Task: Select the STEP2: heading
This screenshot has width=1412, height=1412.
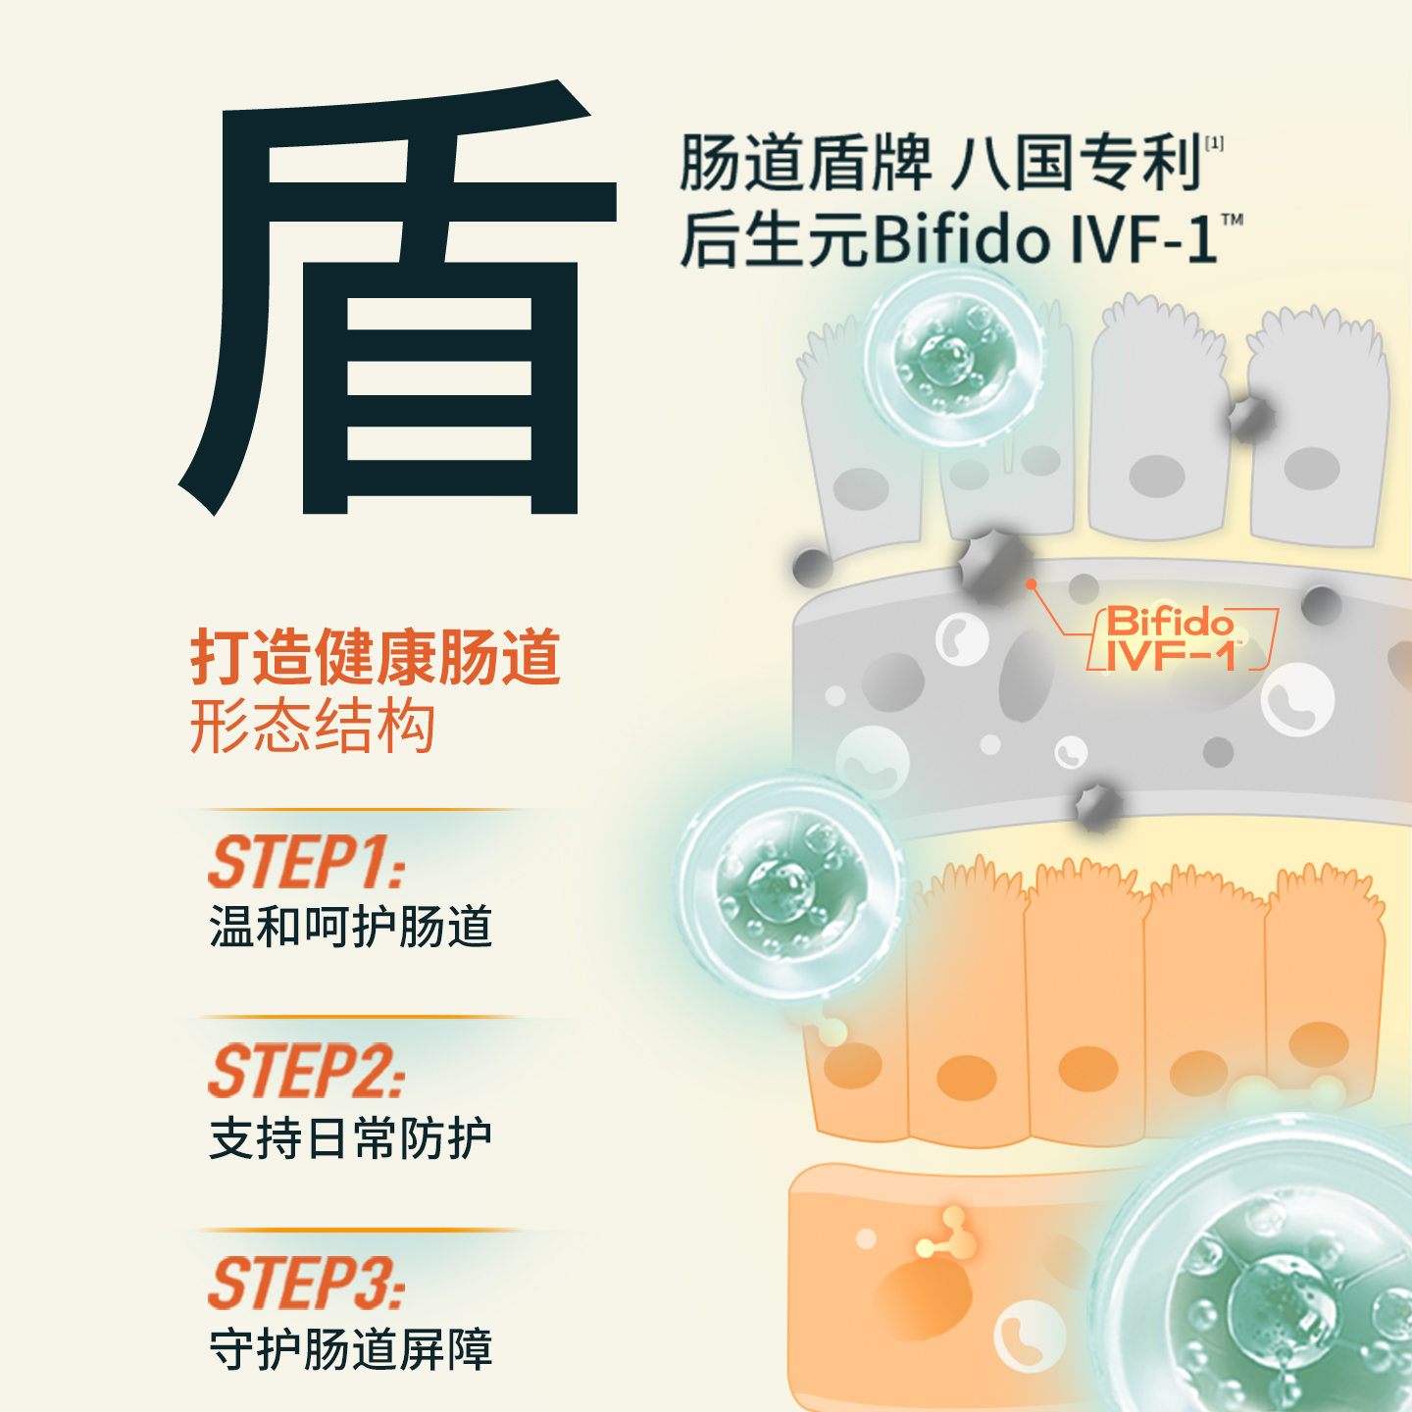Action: tap(306, 1071)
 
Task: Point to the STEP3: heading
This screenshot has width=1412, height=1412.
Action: tap(306, 1283)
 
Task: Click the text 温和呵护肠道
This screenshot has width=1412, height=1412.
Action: tap(350, 927)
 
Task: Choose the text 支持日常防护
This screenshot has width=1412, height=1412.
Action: tap(350, 1138)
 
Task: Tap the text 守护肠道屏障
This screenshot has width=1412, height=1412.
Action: tap(350, 1349)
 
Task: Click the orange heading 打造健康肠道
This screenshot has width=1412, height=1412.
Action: tap(375, 657)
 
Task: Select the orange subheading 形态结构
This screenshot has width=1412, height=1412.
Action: tap(312, 727)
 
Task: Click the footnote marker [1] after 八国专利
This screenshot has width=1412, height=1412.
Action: tap(1214, 143)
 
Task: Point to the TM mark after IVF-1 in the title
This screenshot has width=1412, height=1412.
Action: tap(1232, 220)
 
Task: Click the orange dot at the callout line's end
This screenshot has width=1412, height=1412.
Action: tap(1031, 584)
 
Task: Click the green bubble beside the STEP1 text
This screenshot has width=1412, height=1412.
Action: tap(790, 888)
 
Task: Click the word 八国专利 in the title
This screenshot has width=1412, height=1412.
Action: tap(1077, 163)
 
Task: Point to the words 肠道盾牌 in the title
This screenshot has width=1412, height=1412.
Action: tap(804, 163)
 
